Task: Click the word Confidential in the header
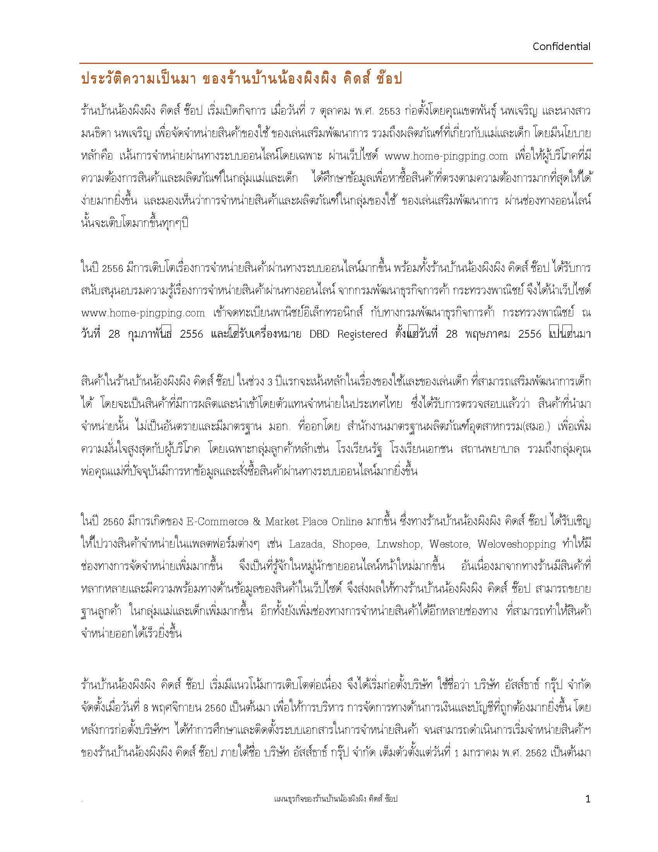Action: point(561,47)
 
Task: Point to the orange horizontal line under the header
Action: point(336,63)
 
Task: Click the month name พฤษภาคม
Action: point(483,334)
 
